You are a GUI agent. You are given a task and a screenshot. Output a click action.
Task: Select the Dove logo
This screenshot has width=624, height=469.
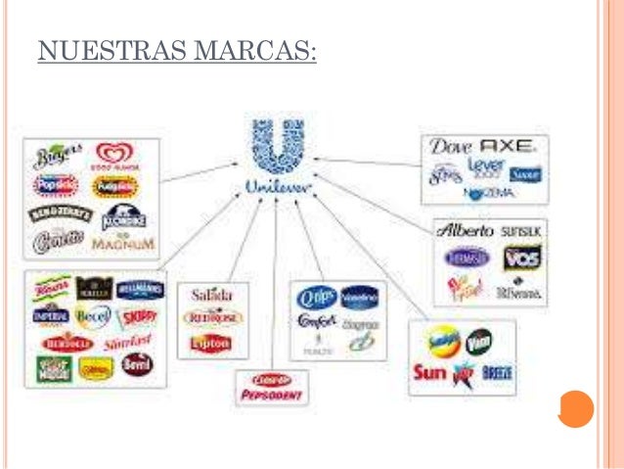452,148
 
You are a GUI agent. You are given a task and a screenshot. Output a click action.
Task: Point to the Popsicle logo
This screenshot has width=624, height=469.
57,184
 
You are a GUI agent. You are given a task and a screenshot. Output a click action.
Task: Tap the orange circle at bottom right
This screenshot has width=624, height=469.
577,408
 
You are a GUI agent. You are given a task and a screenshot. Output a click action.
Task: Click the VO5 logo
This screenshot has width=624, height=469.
521,258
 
